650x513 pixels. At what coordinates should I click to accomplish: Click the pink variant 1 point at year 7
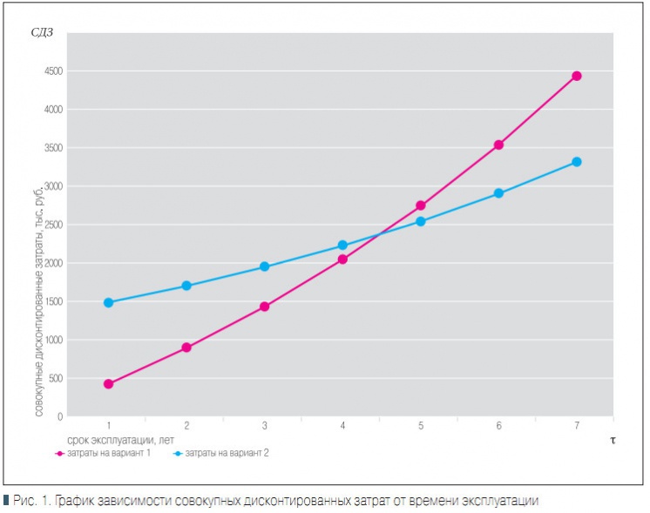pyautogui.click(x=577, y=76)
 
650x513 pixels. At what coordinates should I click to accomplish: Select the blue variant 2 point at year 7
pyautogui.click(x=577, y=162)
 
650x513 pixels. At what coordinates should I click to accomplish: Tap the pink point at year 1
pyautogui.click(x=109, y=384)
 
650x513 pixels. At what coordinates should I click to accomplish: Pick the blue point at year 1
pyautogui.click(x=109, y=302)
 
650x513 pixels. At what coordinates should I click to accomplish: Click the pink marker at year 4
pyautogui.click(x=342, y=259)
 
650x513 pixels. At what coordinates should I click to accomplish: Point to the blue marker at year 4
pyautogui.click(x=342, y=246)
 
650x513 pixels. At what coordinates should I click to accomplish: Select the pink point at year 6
pyautogui.click(x=498, y=145)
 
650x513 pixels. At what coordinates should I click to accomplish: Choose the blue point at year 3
pyautogui.click(x=265, y=267)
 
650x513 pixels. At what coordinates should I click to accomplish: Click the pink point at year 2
pyautogui.click(x=186, y=348)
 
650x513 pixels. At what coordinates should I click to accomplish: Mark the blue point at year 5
pyautogui.click(x=421, y=221)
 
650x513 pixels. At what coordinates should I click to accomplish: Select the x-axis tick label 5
pyautogui.click(x=421, y=426)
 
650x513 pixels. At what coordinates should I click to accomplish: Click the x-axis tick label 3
pyautogui.click(x=265, y=426)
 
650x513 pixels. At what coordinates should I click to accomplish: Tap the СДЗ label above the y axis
pyautogui.click(x=42, y=33)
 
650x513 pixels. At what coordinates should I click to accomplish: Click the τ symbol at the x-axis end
pyautogui.click(x=613, y=440)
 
